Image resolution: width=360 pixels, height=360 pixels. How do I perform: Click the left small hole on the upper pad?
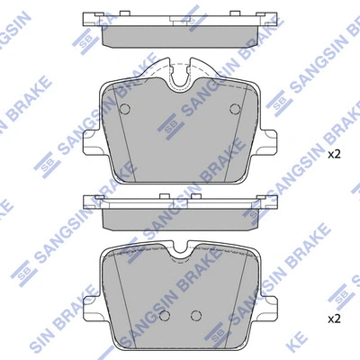[x=125, y=109]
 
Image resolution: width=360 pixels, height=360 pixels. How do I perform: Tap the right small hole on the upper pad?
[x=235, y=109]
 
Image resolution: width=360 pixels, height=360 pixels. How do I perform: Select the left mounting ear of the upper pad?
[x=90, y=140]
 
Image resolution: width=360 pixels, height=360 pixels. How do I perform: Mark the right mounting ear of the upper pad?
[x=271, y=140]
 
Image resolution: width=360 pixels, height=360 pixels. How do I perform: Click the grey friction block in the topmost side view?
[x=180, y=33]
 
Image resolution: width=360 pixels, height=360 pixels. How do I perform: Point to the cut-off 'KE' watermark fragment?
[x=344, y=346]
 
